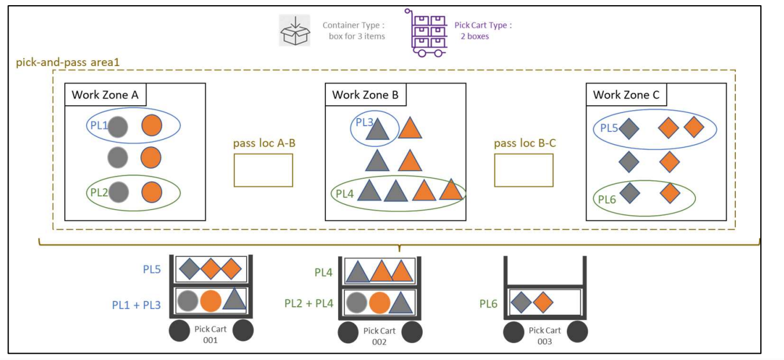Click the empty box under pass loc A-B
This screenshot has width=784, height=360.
click(263, 170)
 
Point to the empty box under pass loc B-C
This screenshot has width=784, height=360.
click(523, 170)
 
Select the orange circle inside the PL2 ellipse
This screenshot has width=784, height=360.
click(151, 191)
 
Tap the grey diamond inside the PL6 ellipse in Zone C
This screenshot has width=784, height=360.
click(629, 192)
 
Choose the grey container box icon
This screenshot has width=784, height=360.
click(295, 31)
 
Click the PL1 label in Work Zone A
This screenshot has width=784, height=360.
click(97, 125)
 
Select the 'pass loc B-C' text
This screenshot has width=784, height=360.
click(525, 143)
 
